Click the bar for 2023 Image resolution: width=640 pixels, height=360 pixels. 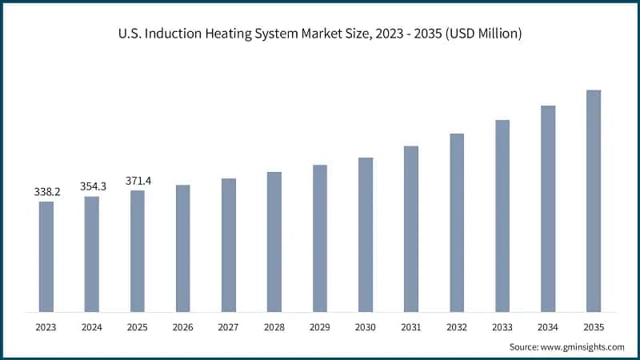46,256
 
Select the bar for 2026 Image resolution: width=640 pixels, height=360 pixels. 183,248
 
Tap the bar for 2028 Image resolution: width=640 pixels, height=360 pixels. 274,242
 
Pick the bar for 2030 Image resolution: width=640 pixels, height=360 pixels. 366,234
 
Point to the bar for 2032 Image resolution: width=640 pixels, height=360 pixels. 457,222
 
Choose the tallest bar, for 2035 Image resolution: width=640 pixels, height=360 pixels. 594,200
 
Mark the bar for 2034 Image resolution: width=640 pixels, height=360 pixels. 548,208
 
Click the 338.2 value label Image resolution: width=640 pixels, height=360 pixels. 46,192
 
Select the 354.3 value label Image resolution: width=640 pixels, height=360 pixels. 93,186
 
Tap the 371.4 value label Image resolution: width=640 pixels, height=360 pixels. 138,181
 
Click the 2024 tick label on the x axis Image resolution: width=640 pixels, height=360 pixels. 92,327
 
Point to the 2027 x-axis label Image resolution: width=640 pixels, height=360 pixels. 229,327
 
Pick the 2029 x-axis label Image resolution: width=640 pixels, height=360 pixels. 320,327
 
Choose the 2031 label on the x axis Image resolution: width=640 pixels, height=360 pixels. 411,327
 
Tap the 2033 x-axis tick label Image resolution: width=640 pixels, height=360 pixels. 502,327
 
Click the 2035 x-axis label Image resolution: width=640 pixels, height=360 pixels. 594,327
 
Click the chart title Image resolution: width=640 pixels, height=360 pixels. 320,34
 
